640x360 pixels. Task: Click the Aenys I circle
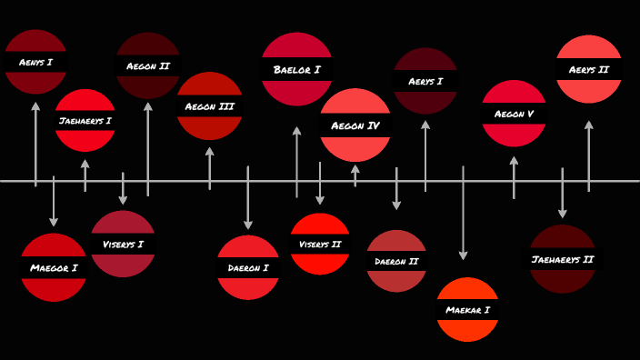pyautogui.click(x=36, y=62)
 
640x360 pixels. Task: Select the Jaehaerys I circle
pyautogui.click(x=85, y=120)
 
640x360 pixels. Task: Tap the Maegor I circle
pyautogui.click(x=54, y=267)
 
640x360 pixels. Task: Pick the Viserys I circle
pyautogui.click(x=123, y=244)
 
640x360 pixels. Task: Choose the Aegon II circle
pyautogui.click(x=148, y=65)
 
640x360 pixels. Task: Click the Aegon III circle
pyautogui.click(x=210, y=105)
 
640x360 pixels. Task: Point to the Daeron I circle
pyautogui.click(x=248, y=267)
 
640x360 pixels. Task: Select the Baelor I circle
pyautogui.click(x=297, y=69)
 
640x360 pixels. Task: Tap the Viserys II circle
pyautogui.click(x=320, y=244)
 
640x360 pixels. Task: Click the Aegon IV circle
pyautogui.click(x=355, y=125)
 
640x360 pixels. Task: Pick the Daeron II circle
pyautogui.click(x=396, y=261)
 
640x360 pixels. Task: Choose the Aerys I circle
pyautogui.click(x=425, y=81)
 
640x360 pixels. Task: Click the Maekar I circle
pyautogui.click(x=468, y=309)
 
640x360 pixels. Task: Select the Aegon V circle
pyautogui.click(x=514, y=114)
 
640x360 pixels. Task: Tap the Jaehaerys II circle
pyautogui.click(x=563, y=259)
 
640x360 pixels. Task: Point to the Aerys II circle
pyautogui.click(x=589, y=69)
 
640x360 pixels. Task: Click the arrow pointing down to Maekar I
pyautogui.click(x=464, y=214)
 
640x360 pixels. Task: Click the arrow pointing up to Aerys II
pyautogui.click(x=589, y=155)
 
